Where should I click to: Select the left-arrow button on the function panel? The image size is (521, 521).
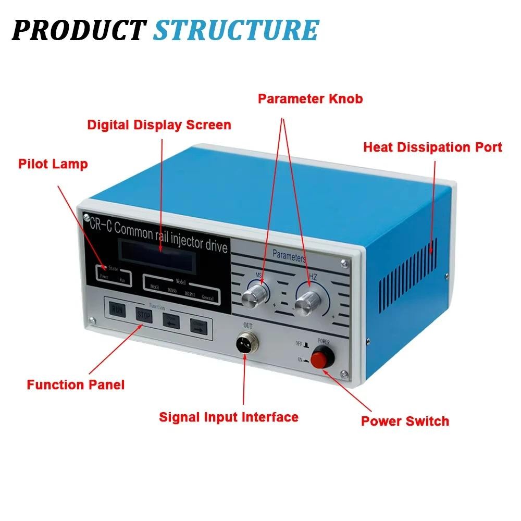(x=171, y=320)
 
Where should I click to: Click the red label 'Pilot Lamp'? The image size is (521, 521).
(x=53, y=164)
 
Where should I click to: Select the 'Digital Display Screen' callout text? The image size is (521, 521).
(x=159, y=125)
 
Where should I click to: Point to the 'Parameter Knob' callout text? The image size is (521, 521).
(x=310, y=98)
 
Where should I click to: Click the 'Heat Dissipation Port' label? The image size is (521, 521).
(x=432, y=147)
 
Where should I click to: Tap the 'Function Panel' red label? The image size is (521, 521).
(x=76, y=385)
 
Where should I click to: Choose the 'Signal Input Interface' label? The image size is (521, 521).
(x=228, y=417)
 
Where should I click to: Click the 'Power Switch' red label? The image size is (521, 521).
(x=405, y=421)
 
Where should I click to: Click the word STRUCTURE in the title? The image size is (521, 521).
(x=235, y=30)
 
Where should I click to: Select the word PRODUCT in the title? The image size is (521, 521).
(x=78, y=30)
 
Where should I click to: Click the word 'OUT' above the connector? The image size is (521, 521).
(x=248, y=326)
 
